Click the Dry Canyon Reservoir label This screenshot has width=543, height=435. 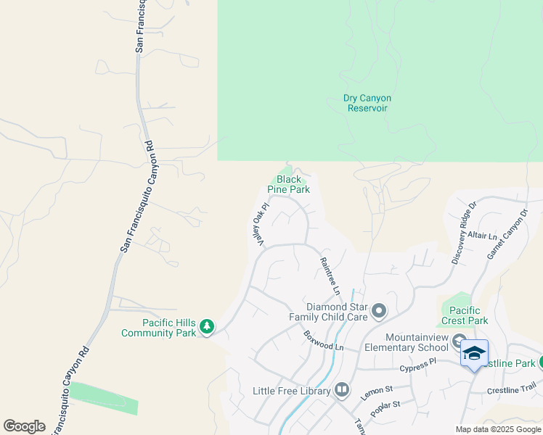click(367, 103)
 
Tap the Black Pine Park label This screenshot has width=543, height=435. click(289, 184)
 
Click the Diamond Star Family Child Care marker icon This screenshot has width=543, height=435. click(379, 312)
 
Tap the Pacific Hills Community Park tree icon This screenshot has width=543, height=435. click(208, 328)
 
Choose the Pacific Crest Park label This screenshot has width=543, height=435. click(465, 315)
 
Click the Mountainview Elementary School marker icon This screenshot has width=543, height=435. click(459, 341)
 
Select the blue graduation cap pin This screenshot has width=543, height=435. click(474, 354)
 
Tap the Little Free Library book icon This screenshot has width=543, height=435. click(342, 391)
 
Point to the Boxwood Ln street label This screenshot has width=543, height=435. click(324, 341)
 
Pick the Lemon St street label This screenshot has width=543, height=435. click(376, 394)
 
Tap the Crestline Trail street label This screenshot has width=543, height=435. click(513, 389)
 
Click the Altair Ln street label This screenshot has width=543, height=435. click(483, 236)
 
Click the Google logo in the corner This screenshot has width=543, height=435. click(24, 426)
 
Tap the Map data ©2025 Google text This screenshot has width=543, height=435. click(498, 429)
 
